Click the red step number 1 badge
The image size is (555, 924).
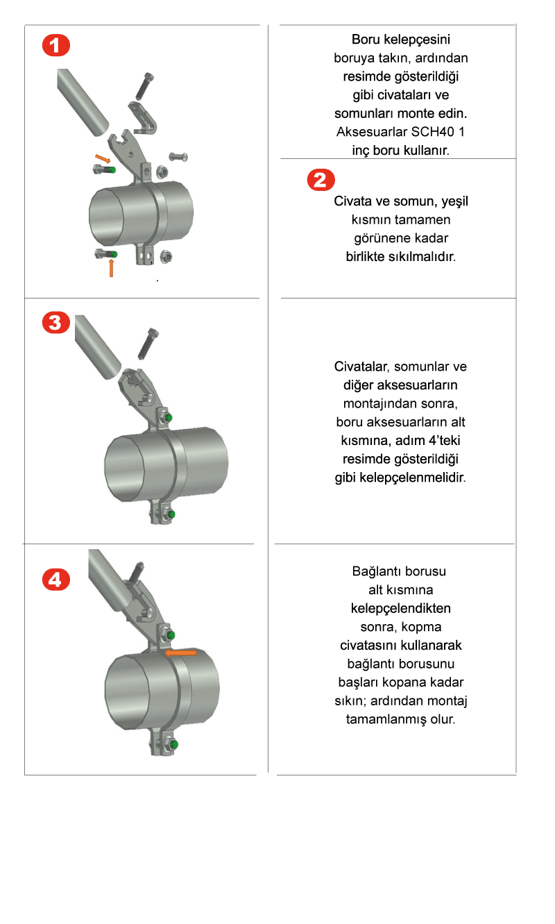(x=56, y=45)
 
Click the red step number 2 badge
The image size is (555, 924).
(x=321, y=180)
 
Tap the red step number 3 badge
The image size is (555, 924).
(x=56, y=323)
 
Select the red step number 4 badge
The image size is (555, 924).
(x=56, y=580)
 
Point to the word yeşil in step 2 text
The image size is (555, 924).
(x=455, y=202)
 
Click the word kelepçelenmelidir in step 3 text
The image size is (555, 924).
(x=413, y=478)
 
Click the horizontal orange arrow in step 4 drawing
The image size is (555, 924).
(x=180, y=652)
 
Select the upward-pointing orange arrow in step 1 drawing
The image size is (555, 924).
(x=111, y=268)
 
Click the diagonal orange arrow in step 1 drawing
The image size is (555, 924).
(x=103, y=158)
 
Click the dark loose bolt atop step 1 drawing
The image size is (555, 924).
(x=144, y=86)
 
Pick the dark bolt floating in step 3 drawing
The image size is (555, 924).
(x=148, y=344)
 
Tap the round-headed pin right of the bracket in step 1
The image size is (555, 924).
(x=178, y=157)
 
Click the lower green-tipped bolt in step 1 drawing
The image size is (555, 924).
(x=106, y=254)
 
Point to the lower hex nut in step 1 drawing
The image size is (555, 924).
(x=166, y=256)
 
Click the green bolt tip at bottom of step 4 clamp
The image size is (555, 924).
(x=173, y=745)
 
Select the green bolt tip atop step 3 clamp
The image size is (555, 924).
(x=168, y=418)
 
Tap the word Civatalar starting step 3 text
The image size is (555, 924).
(x=361, y=367)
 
